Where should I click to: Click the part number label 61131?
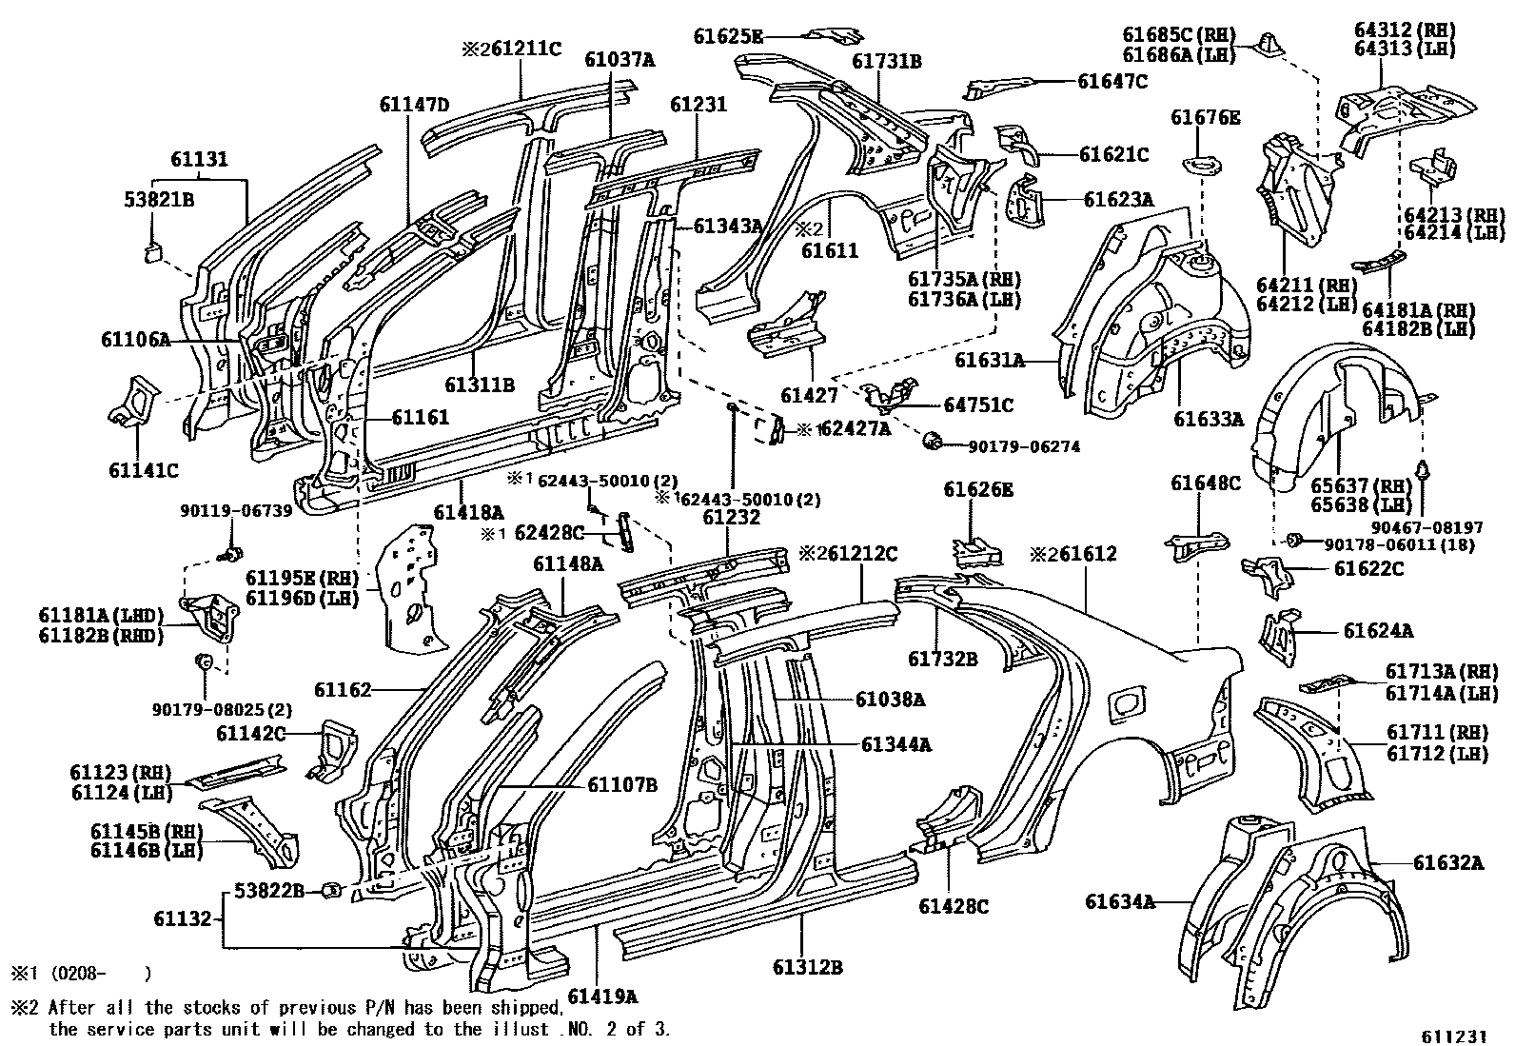[x=200, y=160]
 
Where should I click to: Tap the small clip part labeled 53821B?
[x=152, y=251]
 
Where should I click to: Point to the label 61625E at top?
[x=728, y=36]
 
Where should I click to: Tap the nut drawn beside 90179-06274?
[x=932, y=440]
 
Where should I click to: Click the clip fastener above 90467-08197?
[x=1425, y=470]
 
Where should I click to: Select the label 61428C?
[x=954, y=907]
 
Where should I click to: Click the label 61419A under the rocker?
[x=601, y=997]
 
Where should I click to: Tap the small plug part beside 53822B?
[x=333, y=890]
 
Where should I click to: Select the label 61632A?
[x=1447, y=863]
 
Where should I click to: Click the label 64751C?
[x=978, y=405]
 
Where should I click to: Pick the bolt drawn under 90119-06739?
[x=229, y=553]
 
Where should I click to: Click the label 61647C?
[x=1112, y=82]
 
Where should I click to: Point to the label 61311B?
[x=479, y=385]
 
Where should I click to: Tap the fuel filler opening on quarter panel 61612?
[x=1128, y=702]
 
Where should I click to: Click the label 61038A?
[x=889, y=699]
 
